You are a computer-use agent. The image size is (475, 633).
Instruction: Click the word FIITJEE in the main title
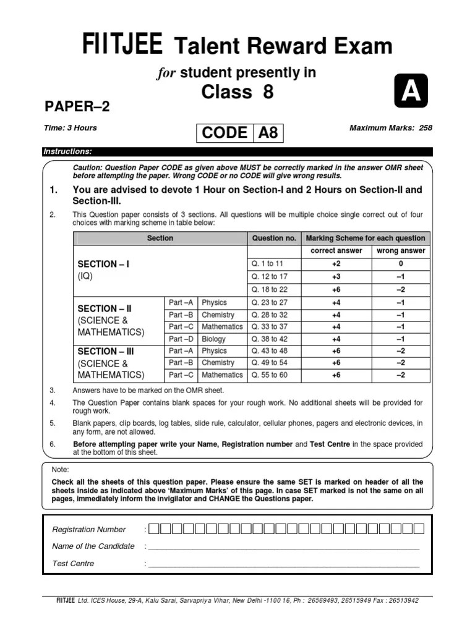click(x=123, y=45)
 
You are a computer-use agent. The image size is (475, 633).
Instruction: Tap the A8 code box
click(x=268, y=133)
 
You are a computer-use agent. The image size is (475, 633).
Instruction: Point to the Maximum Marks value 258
click(x=425, y=128)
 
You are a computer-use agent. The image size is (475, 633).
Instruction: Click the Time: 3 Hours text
click(x=71, y=128)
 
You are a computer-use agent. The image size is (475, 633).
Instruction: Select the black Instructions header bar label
click(x=67, y=151)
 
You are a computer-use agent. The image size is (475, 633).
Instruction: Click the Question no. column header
click(x=274, y=238)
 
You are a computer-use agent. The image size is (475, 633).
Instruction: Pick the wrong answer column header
click(x=401, y=250)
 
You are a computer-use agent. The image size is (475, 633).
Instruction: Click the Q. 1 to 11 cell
click(x=267, y=263)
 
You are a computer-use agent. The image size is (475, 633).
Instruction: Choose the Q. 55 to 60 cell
click(x=269, y=375)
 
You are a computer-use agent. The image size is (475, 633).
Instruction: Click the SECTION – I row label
click(x=103, y=264)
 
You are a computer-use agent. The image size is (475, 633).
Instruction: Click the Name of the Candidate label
click(x=93, y=546)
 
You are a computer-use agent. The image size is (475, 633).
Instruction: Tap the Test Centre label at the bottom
click(x=74, y=563)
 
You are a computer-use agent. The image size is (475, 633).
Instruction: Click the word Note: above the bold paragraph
click(x=61, y=470)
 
